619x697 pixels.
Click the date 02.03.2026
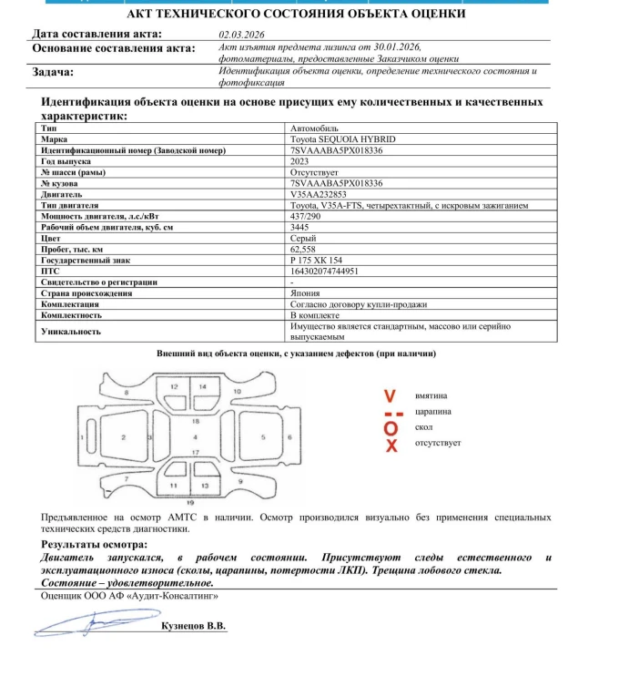[238, 34]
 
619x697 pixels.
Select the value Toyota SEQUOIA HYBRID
[330, 139]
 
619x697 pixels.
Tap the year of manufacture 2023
[299, 160]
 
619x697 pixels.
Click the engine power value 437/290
[305, 216]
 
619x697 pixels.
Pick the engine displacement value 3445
[299, 227]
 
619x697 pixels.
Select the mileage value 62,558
[304, 249]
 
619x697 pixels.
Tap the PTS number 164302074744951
[324, 271]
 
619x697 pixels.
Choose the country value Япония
[306, 293]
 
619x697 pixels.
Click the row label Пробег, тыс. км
[72, 249]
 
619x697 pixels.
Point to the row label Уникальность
[70, 332]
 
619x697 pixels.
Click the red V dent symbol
[390, 396]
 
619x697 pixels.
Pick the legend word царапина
[433, 412]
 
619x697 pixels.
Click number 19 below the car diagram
[189, 502]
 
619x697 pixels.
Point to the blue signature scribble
[82, 622]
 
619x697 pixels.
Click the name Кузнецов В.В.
[193, 627]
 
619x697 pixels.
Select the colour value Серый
[302, 238]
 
